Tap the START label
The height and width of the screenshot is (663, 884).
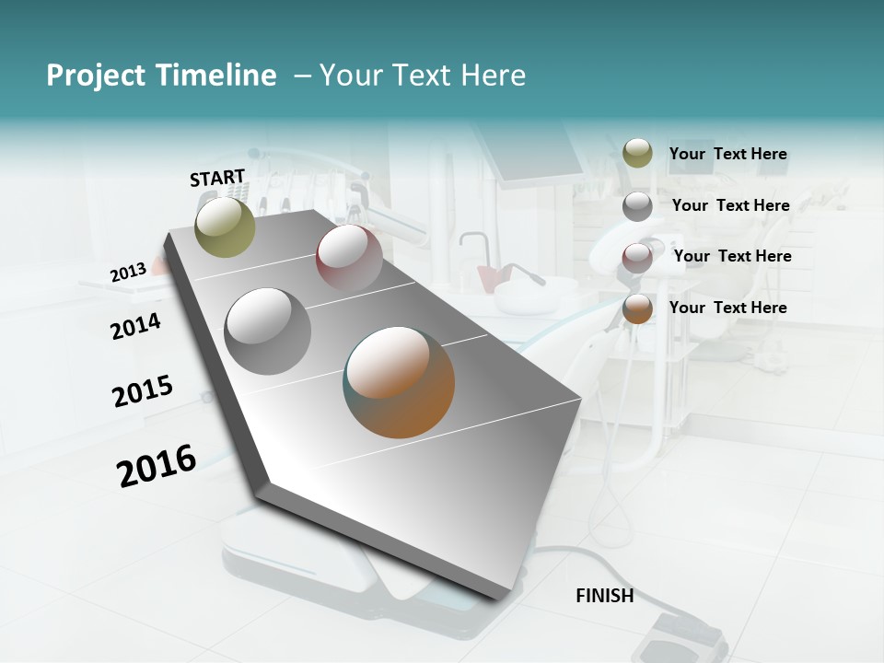tap(217, 178)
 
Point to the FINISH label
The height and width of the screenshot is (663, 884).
tap(605, 596)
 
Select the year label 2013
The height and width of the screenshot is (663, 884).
tap(128, 273)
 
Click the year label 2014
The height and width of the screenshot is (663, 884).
tap(136, 326)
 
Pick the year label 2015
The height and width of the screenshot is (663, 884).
tap(143, 391)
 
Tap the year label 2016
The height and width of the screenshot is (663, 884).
tap(157, 465)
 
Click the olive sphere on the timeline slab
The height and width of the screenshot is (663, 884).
tap(226, 227)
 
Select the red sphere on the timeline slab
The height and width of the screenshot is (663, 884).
tap(349, 257)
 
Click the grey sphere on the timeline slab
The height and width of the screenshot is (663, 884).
tap(268, 331)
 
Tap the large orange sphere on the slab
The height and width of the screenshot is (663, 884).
tap(400, 382)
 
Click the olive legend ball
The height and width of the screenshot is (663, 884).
tap(637, 154)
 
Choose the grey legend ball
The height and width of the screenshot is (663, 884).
tap(637, 206)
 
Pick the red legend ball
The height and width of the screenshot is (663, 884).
tap(637, 257)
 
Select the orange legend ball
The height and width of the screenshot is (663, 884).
tap(637, 308)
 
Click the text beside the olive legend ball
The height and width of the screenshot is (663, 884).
tap(728, 155)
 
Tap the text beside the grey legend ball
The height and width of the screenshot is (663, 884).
tap(731, 205)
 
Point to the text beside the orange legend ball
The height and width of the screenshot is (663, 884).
tap(728, 308)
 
